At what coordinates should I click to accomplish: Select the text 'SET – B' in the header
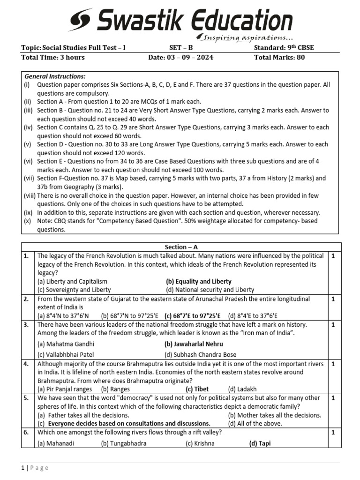coord(181,48)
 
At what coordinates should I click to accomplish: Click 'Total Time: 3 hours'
coord(53,58)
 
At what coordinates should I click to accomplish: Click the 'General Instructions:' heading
coord(55,76)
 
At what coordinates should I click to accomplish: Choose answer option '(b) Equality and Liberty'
coord(199,281)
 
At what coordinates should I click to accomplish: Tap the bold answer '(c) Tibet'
coord(197,389)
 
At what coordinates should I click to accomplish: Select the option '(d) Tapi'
coord(260,443)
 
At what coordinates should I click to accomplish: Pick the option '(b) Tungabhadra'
coord(124,443)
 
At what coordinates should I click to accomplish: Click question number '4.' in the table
coord(26,363)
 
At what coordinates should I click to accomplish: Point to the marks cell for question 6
coord(333,433)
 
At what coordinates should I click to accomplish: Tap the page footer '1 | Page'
coord(35,467)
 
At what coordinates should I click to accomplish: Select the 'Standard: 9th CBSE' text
coord(285,48)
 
